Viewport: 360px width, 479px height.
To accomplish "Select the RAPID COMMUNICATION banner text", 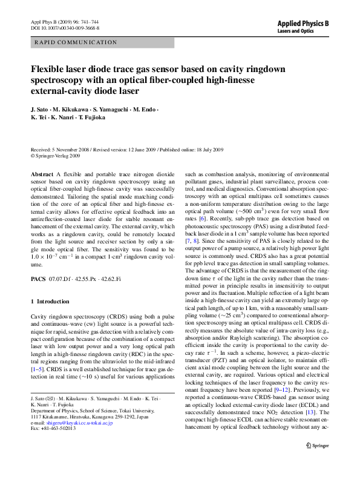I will click(x=76, y=42).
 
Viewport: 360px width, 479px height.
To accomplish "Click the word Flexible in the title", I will click(x=48, y=69).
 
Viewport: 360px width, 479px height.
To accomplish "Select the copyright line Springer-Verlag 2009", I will click(x=57, y=156).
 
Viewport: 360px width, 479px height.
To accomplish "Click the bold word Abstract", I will click(x=42, y=174).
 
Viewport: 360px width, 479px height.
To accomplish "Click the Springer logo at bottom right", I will click(x=317, y=462).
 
